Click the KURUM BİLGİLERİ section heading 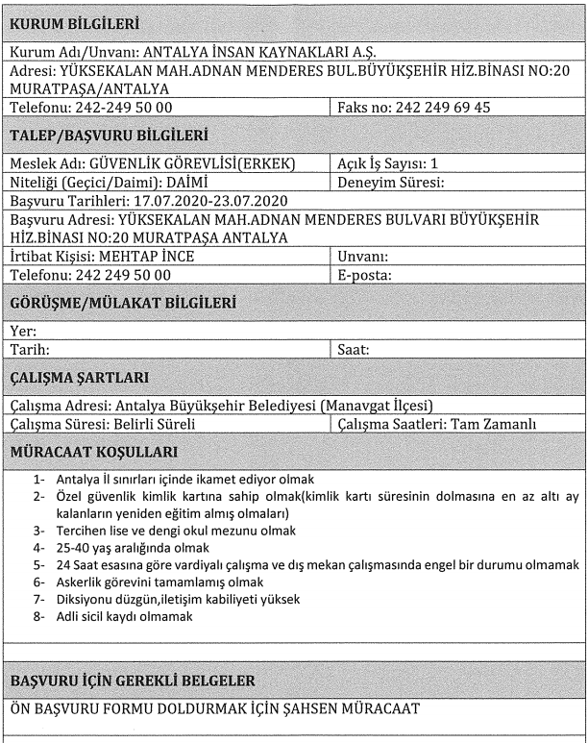tap(73, 21)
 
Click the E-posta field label tap(365, 275)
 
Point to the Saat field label tap(354, 350)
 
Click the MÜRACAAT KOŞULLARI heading tap(93, 451)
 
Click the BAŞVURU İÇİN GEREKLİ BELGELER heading tap(132, 681)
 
